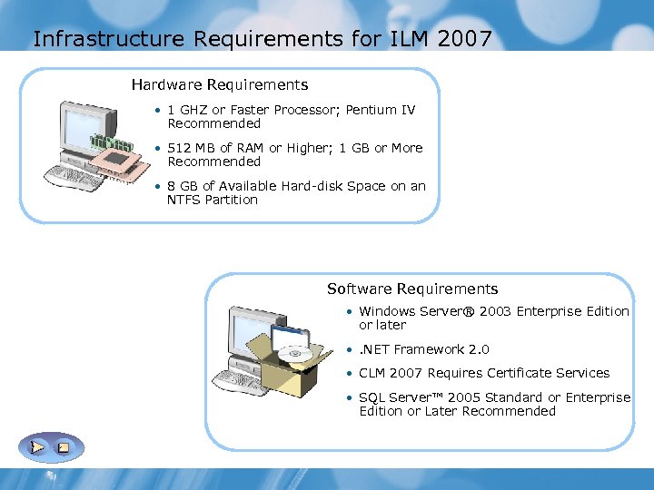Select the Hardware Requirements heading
220,85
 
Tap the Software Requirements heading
412,289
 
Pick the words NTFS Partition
213,200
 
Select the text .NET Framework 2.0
424,349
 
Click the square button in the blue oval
64,447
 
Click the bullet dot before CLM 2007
349,373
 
